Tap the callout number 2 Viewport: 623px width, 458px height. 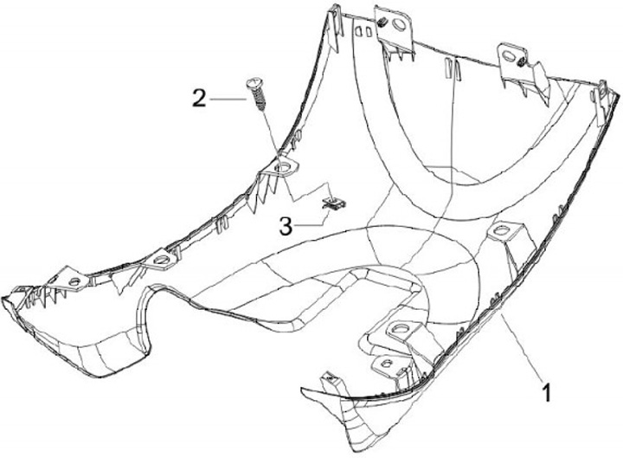[199, 98]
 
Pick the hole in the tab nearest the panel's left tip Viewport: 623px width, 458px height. [73, 282]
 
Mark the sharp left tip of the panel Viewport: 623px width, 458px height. [4, 296]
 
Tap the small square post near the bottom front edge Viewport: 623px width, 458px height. [328, 379]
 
